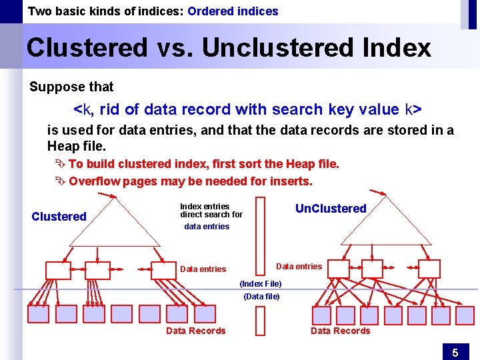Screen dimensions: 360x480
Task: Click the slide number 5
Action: (455, 351)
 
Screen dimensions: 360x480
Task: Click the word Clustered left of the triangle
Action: (59, 216)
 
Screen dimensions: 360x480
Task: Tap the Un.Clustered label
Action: (331, 209)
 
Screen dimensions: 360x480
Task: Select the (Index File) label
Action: (260, 284)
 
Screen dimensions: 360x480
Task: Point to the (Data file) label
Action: (261, 296)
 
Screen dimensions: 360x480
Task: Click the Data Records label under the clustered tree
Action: (195, 331)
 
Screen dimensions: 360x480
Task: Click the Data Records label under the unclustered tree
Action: (340, 331)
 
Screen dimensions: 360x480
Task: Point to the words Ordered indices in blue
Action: (233, 11)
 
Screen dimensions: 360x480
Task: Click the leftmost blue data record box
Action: (38, 313)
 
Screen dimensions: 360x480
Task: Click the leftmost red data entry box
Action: (57, 270)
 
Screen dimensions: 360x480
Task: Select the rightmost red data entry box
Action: (428, 268)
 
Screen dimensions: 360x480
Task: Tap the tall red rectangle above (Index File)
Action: (260, 237)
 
